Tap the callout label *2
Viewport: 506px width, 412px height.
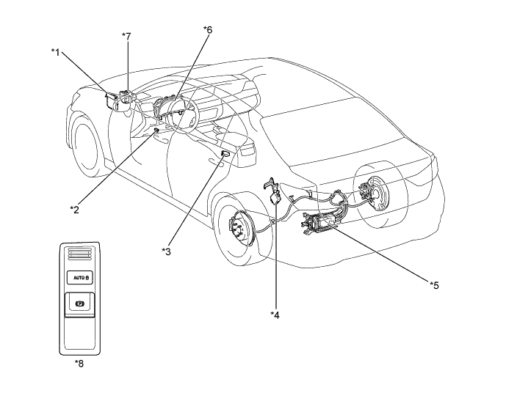click(x=74, y=209)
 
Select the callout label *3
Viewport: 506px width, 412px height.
click(x=166, y=251)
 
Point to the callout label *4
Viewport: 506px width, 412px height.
click(x=275, y=315)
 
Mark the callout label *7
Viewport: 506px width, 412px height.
click(x=127, y=34)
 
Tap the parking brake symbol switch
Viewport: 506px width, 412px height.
click(x=79, y=303)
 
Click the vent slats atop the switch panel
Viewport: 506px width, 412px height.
click(x=79, y=254)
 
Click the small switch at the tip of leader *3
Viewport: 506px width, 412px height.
click(x=224, y=153)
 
